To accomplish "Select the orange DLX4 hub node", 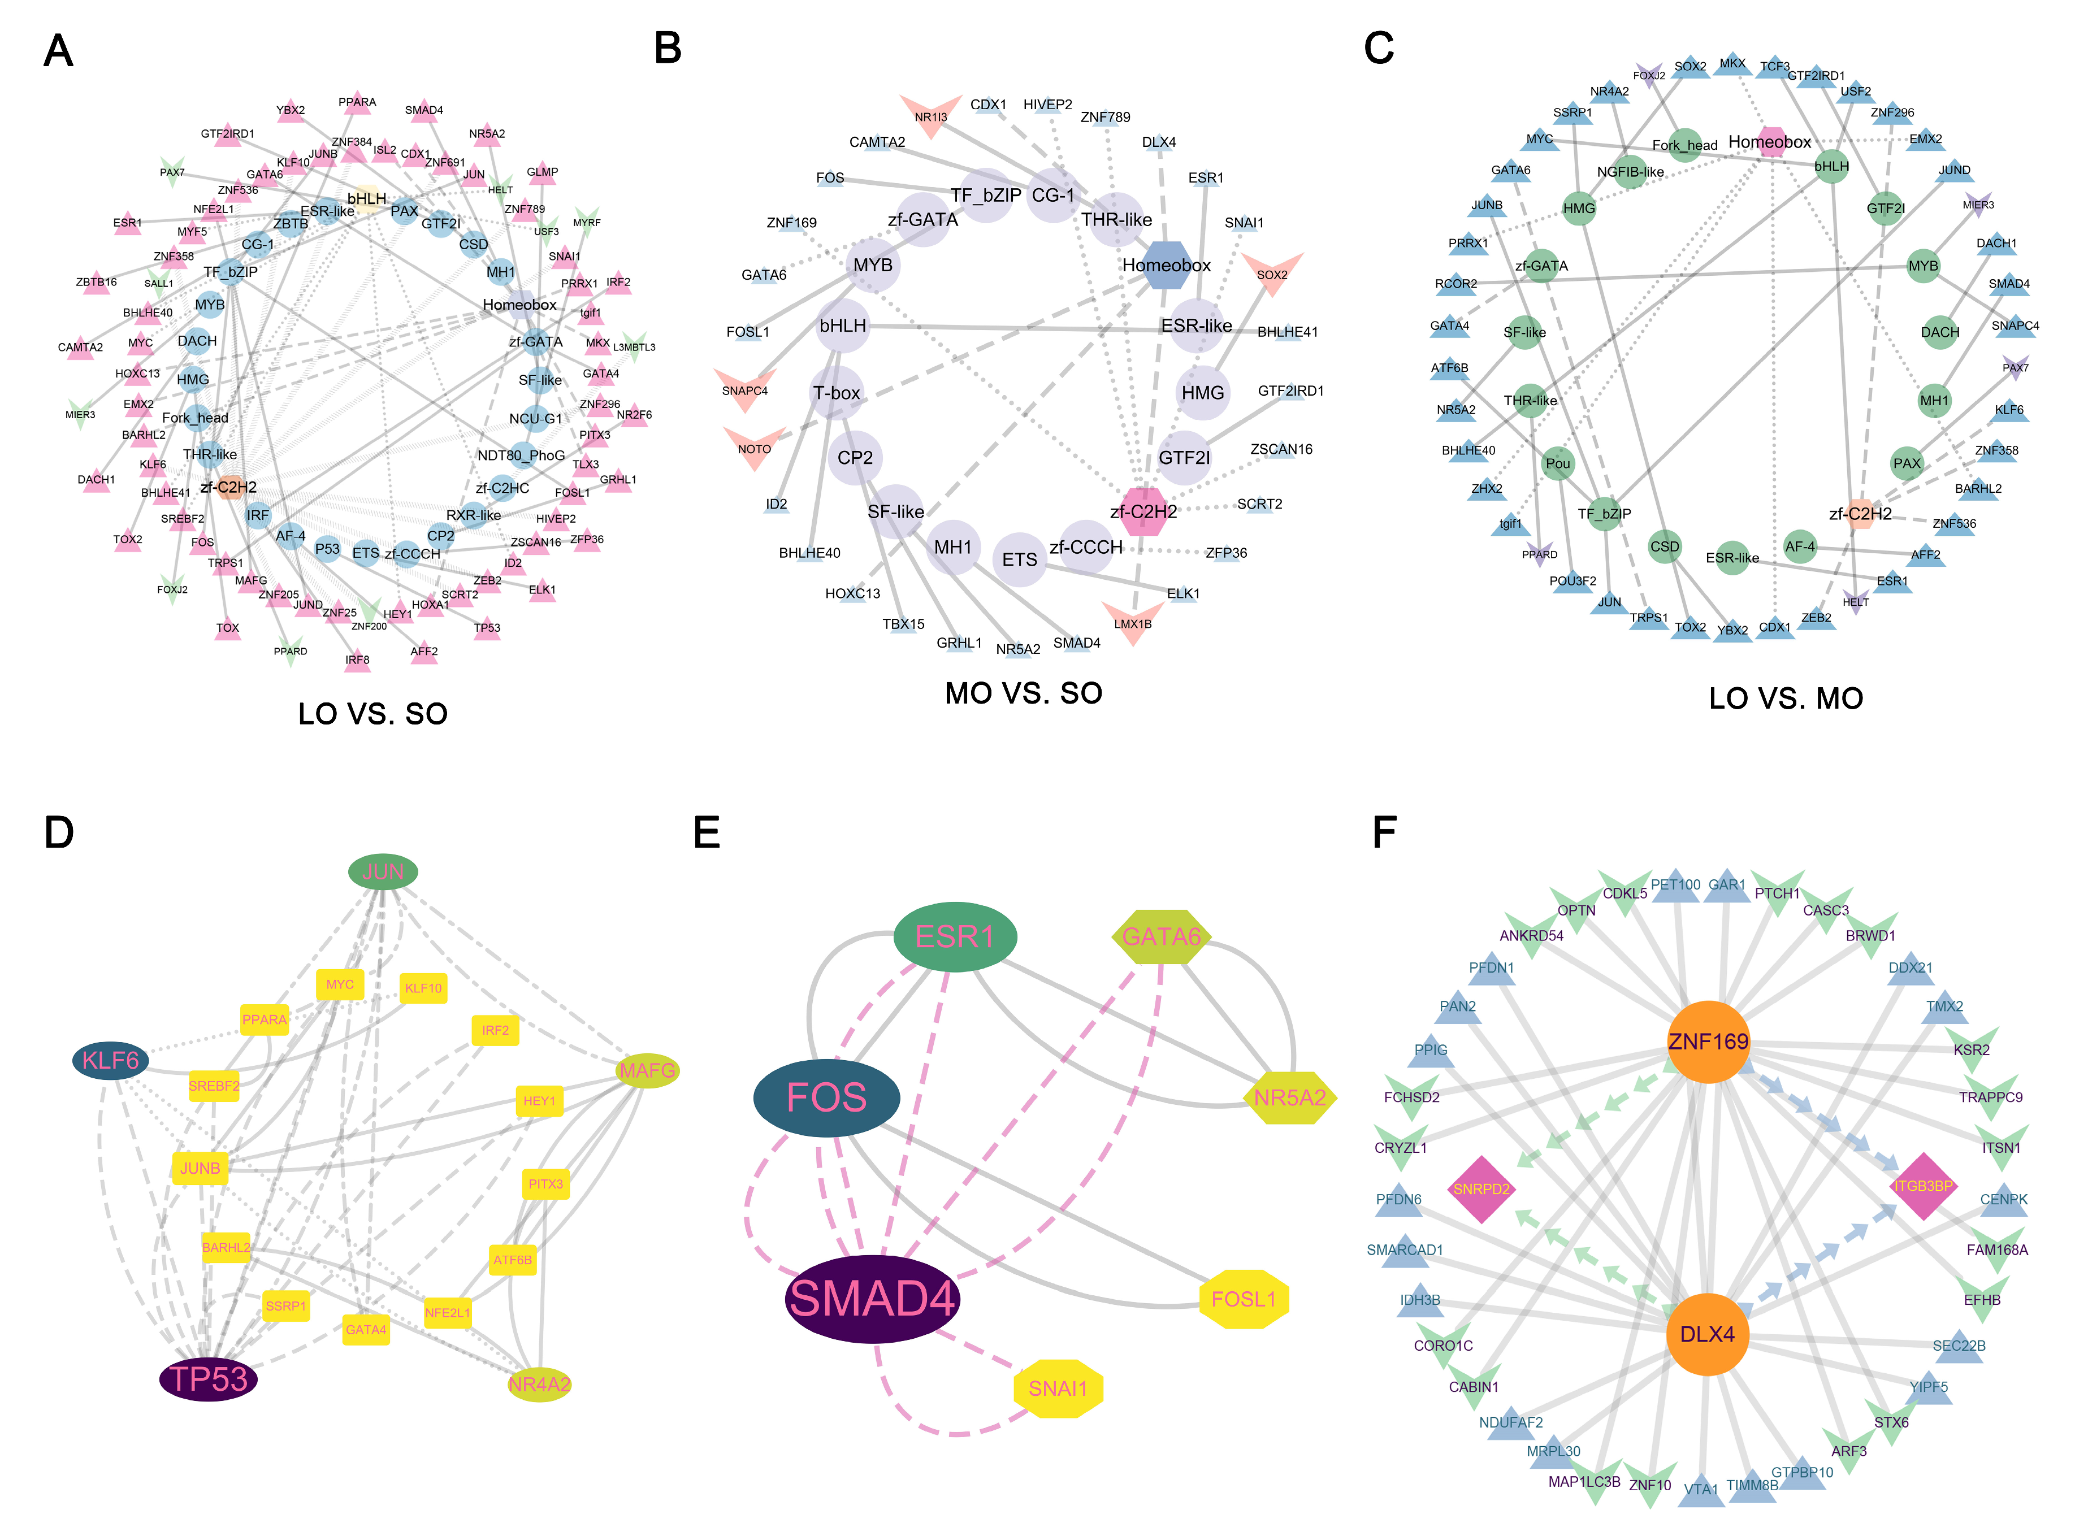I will [1707, 1334].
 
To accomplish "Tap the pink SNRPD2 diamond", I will [1481, 1189].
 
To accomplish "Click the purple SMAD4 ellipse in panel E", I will [872, 1299].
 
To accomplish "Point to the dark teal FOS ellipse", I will [826, 1097].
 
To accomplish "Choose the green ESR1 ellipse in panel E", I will [955, 936].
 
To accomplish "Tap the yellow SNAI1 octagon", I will [1058, 1389].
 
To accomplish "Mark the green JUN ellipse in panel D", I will [383, 871].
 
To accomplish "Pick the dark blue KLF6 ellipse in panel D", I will [111, 1060].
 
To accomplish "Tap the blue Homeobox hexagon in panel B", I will [1167, 266].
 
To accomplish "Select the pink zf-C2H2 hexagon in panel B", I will [1143, 511].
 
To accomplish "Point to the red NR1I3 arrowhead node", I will [930, 114].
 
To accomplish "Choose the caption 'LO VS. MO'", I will [1786, 699].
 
